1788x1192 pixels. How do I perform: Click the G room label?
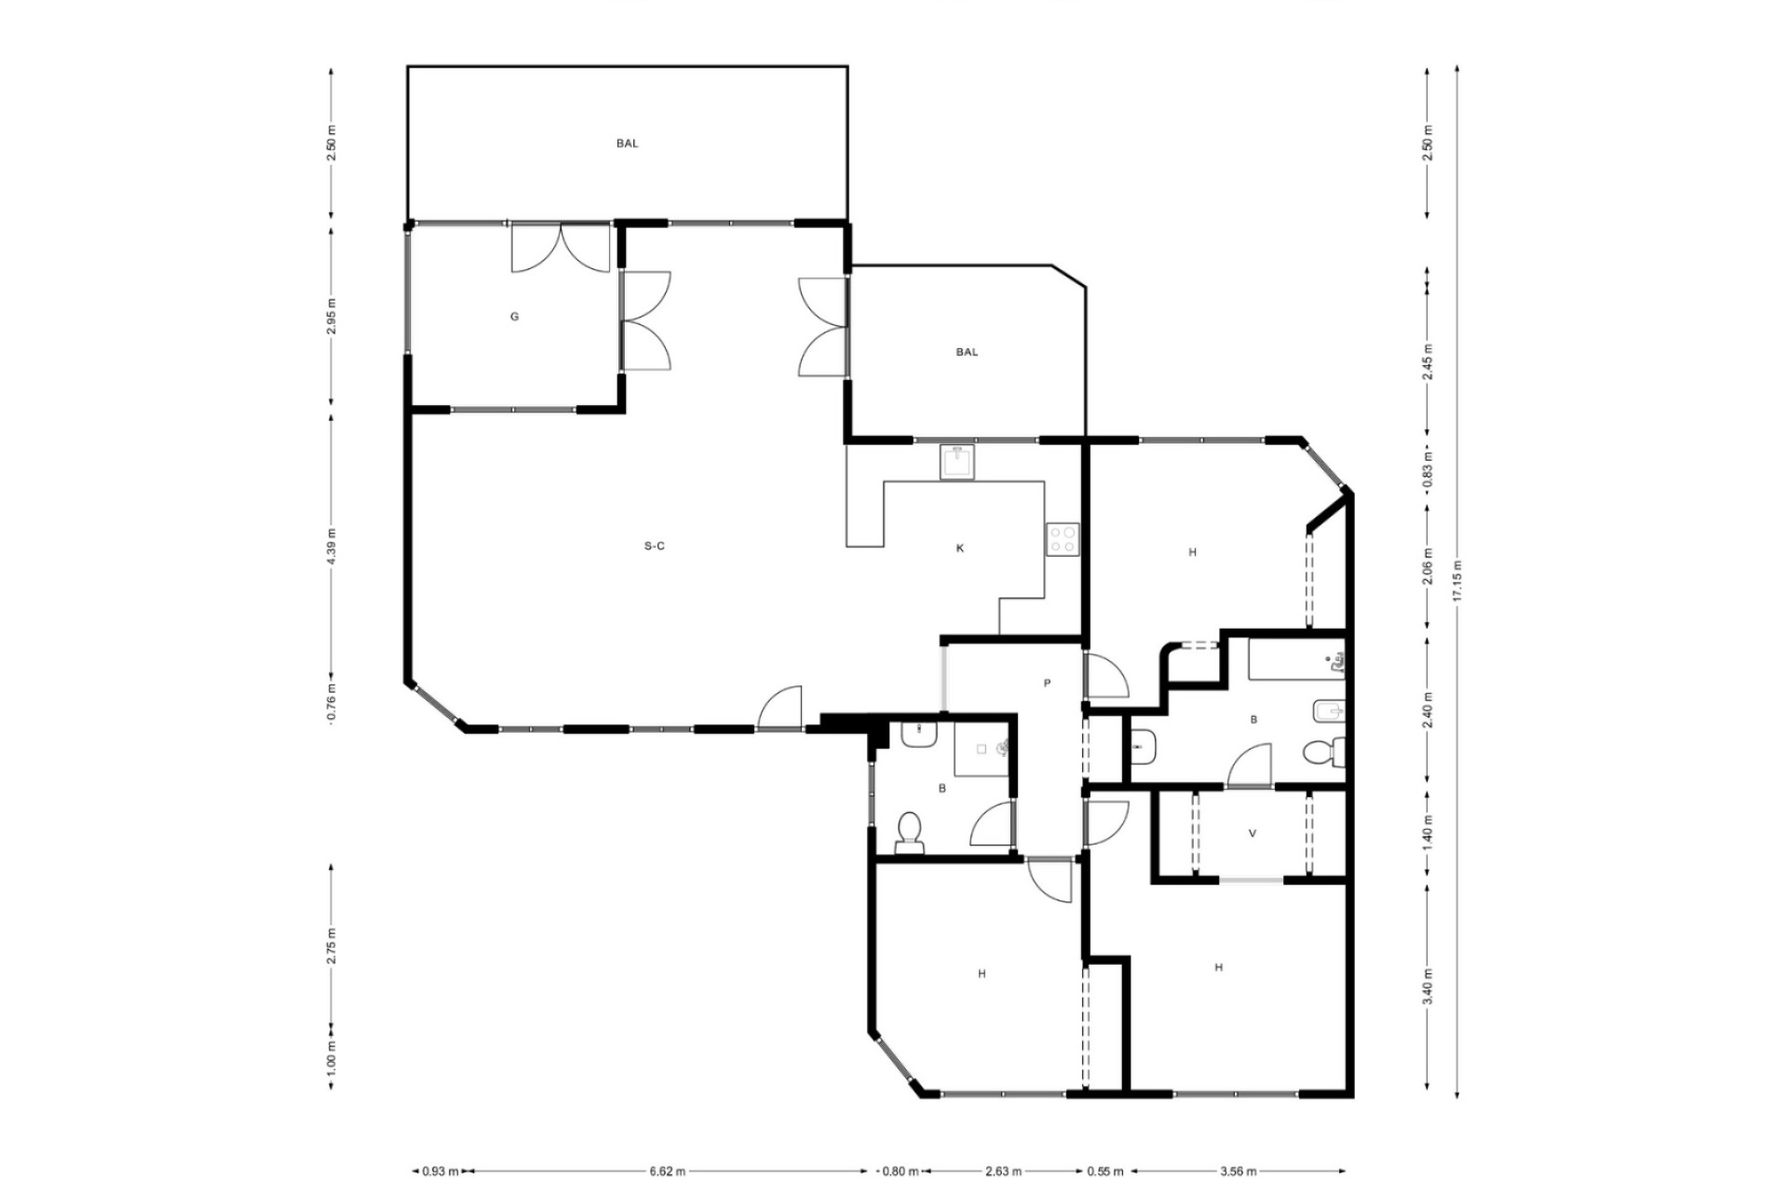(514, 317)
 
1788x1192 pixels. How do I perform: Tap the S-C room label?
(655, 546)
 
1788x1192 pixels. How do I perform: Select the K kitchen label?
(960, 549)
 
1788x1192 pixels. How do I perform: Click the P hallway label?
(1047, 684)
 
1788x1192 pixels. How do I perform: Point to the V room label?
(1252, 833)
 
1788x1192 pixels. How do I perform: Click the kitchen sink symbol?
(956, 462)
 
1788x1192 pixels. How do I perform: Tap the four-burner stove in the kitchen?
(1063, 539)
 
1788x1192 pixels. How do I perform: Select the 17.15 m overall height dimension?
(1457, 582)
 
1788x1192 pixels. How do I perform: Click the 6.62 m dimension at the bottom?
(668, 1172)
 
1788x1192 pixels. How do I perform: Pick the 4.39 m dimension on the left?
(332, 546)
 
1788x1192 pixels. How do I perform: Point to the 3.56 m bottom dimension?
(1239, 1172)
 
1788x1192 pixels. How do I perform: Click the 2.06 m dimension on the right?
(1428, 567)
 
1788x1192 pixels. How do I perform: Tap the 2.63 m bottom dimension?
(1003, 1172)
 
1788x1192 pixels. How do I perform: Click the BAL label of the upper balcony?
(628, 143)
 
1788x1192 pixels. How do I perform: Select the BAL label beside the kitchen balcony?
(967, 352)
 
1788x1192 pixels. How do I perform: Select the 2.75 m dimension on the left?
(332, 946)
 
